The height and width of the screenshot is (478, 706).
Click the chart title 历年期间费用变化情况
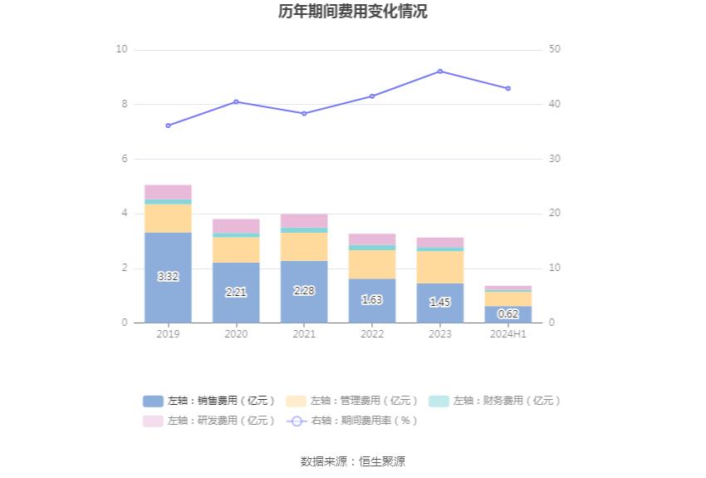point(353,12)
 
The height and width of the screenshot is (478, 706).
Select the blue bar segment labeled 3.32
point(168,277)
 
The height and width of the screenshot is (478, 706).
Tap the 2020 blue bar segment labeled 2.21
point(236,293)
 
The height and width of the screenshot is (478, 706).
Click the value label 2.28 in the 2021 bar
point(304,291)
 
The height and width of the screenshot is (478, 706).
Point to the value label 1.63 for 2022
point(372,300)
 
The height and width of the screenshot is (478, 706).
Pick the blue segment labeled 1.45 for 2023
point(440,303)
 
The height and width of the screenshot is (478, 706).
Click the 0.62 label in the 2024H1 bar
point(508,314)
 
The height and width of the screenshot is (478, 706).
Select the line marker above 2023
point(440,71)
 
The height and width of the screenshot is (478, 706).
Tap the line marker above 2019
point(168,126)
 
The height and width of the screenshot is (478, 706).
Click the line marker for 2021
point(304,114)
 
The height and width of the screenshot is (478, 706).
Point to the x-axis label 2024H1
point(508,333)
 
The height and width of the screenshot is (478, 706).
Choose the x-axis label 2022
point(372,333)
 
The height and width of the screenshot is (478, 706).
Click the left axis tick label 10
point(122,50)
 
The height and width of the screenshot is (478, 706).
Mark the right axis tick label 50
point(555,50)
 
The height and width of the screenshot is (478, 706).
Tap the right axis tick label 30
point(555,159)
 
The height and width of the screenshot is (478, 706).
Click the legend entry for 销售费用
point(209,401)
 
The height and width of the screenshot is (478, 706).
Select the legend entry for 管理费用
point(352,401)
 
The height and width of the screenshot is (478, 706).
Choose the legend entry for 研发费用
point(209,421)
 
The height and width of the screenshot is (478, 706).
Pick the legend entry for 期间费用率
point(352,421)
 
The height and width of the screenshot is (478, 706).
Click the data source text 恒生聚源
point(382,461)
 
